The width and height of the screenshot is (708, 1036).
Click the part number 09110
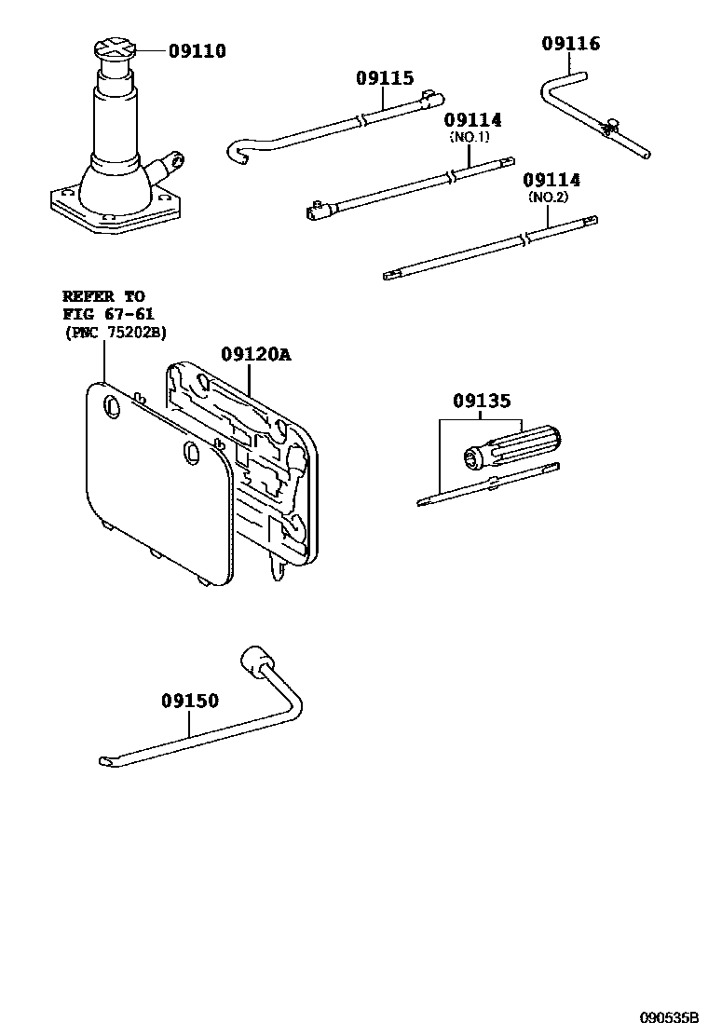tap(197, 51)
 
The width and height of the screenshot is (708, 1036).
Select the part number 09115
tap(384, 79)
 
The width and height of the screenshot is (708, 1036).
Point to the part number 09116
tap(571, 44)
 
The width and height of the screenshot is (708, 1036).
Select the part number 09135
tap(482, 402)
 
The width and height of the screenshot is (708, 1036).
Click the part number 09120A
tap(255, 355)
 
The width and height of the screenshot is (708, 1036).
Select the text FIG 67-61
tap(104, 315)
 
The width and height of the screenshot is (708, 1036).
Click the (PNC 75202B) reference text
tap(116, 332)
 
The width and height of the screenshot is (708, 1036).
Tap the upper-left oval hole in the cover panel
tap(111, 406)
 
